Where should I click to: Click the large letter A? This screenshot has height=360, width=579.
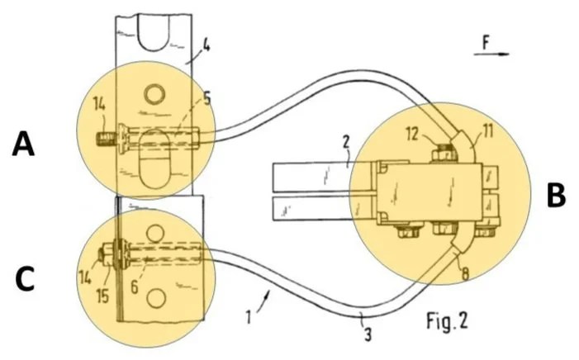(x=24, y=144)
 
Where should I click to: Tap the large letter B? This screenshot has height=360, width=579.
(x=556, y=196)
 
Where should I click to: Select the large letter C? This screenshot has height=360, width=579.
(x=25, y=280)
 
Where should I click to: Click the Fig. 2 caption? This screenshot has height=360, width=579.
(x=447, y=320)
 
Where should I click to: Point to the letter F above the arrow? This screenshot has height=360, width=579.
(x=486, y=43)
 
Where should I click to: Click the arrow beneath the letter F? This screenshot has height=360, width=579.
(x=491, y=54)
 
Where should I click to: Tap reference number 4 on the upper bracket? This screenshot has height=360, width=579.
(x=206, y=47)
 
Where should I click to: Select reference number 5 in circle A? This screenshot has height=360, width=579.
(x=206, y=99)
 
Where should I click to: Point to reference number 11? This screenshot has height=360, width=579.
(x=488, y=131)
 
